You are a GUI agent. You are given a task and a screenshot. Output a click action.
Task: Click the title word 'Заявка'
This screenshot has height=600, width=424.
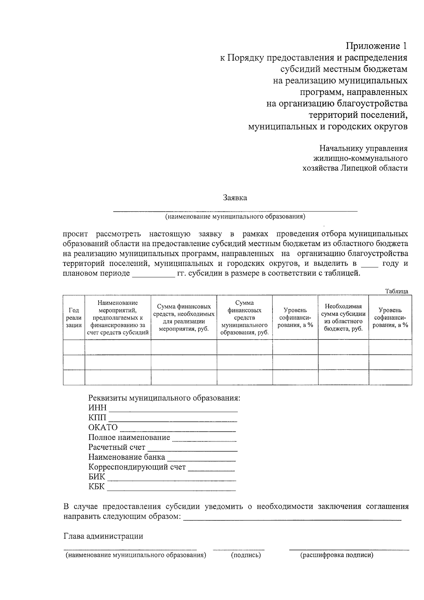(x=235, y=198)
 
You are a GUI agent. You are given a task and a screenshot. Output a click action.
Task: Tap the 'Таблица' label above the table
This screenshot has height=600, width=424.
(x=396, y=291)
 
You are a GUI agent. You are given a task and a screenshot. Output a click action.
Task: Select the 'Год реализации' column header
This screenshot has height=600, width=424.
(x=74, y=318)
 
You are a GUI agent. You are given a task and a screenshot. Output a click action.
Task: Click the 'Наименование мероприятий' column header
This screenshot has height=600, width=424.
(x=118, y=318)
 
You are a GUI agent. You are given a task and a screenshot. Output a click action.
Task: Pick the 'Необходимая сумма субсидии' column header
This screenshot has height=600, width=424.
(x=343, y=318)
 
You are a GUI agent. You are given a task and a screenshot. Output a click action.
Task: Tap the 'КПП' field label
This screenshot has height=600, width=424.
(x=97, y=418)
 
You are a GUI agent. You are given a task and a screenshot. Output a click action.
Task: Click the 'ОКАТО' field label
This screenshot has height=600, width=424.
(x=103, y=427)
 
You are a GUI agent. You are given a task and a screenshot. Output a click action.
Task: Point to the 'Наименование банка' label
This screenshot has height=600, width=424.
(x=126, y=457)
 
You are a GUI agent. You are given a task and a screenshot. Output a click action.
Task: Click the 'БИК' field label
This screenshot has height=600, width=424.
(x=96, y=477)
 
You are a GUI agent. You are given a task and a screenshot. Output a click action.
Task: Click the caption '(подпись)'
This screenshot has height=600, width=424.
(x=246, y=555)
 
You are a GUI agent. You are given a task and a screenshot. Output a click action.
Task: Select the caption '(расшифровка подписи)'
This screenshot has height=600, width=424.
(x=336, y=555)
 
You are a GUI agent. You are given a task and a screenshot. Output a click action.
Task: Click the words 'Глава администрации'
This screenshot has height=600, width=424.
(x=103, y=536)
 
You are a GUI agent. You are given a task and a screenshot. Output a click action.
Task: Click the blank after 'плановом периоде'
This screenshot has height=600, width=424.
(x=153, y=275)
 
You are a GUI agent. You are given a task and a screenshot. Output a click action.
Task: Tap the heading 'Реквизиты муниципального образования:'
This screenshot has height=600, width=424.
(x=164, y=398)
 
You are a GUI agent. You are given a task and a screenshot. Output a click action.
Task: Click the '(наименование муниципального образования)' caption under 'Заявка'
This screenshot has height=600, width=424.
(x=235, y=216)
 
